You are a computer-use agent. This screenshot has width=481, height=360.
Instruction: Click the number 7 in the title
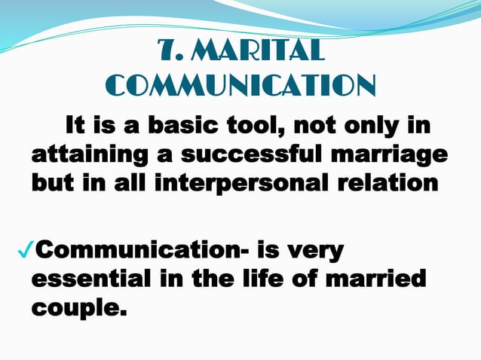coord(167,52)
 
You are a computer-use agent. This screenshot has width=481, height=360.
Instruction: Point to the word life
coord(250,279)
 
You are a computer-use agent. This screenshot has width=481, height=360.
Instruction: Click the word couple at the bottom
coord(74,309)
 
